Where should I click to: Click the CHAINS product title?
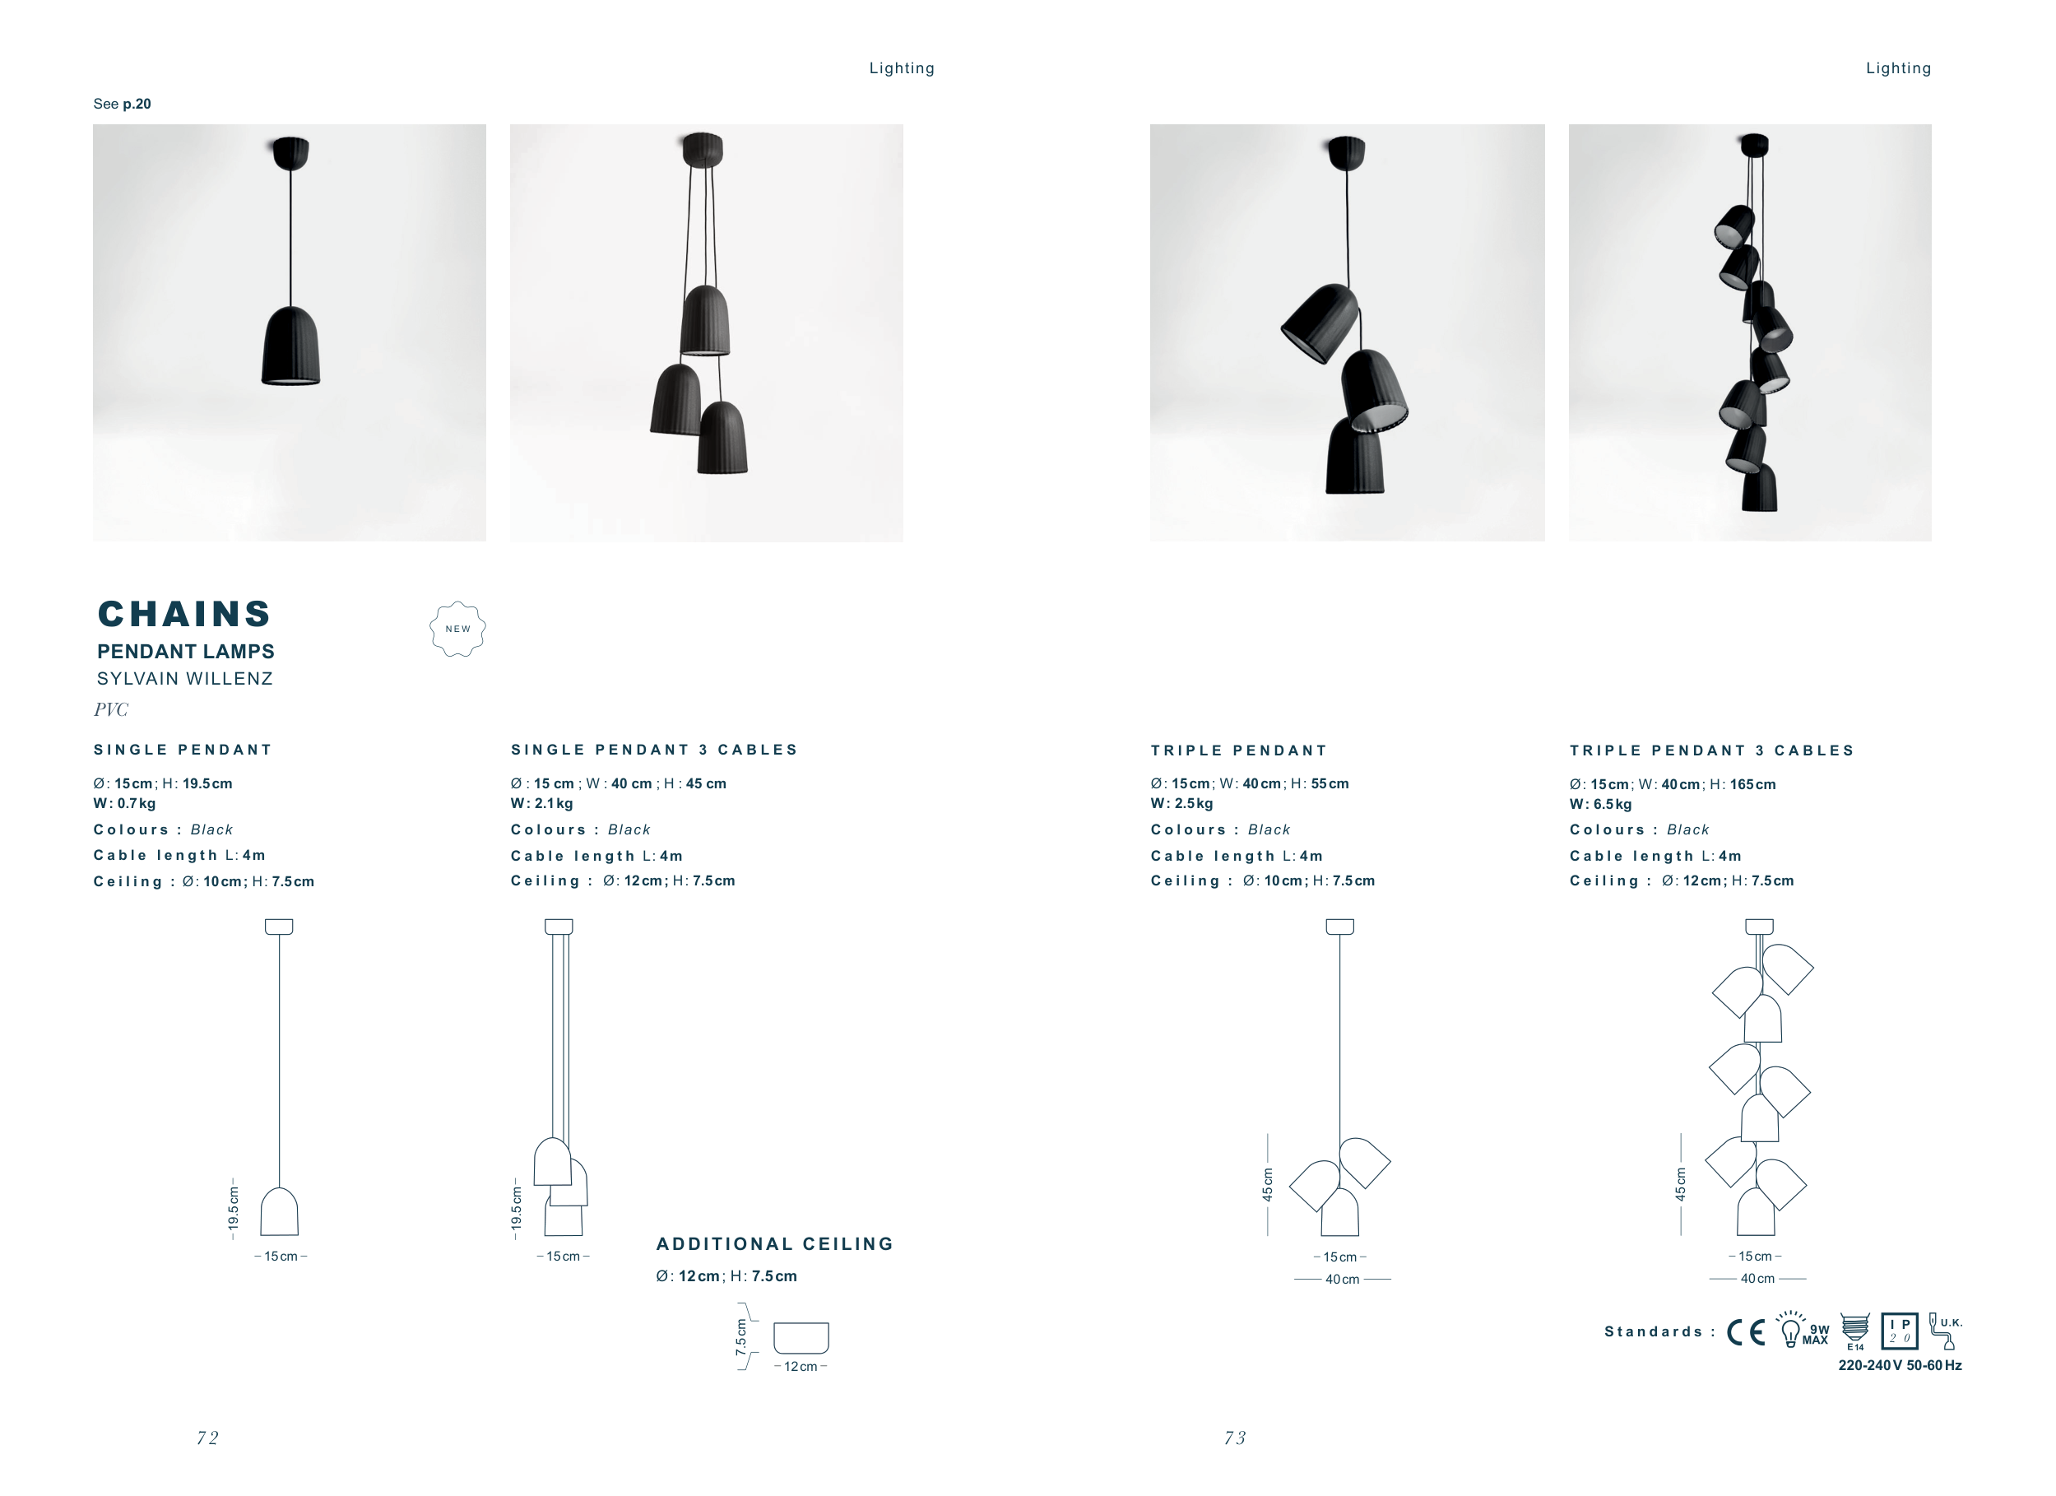184,614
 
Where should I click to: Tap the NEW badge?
457,630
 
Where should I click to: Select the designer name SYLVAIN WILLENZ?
185,679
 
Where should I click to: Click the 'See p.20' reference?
123,105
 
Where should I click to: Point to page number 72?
207,1438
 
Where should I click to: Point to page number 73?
1235,1438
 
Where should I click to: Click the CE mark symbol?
1746,1332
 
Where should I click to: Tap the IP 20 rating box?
1899,1331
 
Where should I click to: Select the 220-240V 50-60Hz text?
1900,1365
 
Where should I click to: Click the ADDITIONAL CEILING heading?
775,1244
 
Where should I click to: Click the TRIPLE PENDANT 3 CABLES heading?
1712,750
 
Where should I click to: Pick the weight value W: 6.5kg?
1601,804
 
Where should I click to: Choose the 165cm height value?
1753,784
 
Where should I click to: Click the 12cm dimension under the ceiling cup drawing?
801,1366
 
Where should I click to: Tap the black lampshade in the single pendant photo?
291,346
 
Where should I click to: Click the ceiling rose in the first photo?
291,152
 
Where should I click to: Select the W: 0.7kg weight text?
124,803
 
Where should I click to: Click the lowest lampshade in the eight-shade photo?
1760,488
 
